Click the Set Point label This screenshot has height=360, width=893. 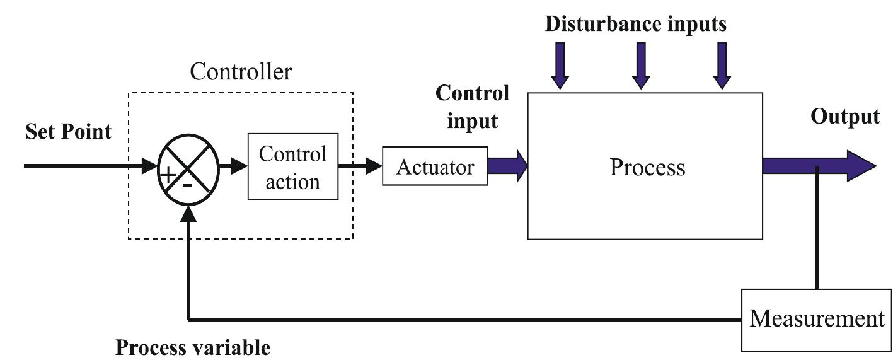(x=68, y=132)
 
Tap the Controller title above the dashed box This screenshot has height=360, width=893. (x=241, y=72)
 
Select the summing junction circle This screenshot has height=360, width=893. (x=188, y=167)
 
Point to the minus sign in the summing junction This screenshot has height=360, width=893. (x=187, y=185)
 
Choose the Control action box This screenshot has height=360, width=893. (x=293, y=168)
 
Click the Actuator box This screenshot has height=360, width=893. (x=435, y=168)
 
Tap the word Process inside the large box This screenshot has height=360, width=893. (x=647, y=167)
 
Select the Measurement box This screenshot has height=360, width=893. (x=817, y=319)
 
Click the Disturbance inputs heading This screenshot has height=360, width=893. (x=636, y=24)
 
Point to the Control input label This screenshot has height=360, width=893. (x=473, y=107)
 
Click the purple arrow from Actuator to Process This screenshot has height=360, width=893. (x=508, y=166)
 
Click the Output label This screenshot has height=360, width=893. (x=845, y=117)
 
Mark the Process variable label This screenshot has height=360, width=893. (x=193, y=347)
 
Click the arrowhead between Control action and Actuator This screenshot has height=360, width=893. (x=374, y=166)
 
